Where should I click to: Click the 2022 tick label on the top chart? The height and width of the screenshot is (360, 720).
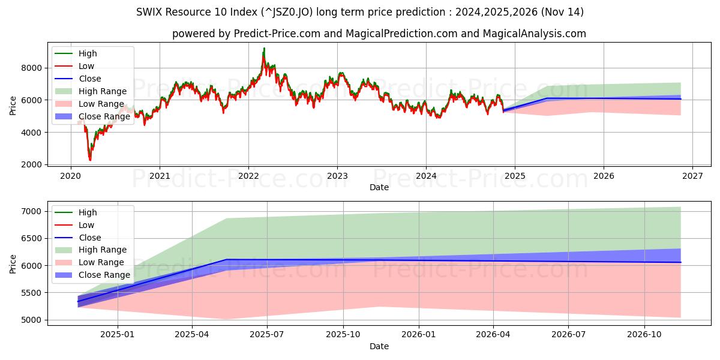coord(248,176)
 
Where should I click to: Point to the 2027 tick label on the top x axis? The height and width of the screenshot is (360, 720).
coord(692,176)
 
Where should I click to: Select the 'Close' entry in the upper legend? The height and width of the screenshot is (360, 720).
coord(90,79)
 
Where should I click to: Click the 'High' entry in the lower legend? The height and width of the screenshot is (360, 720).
coord(88,212)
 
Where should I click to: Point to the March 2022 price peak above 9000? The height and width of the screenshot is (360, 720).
coord(264,49)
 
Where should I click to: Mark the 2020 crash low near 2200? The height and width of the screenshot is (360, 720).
coord(90,160)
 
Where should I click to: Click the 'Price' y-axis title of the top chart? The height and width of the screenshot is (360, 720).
coord(13,106)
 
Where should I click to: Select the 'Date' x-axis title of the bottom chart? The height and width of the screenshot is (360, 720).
coord(379,346)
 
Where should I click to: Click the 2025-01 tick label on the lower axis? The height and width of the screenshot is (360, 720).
coord(118,334)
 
